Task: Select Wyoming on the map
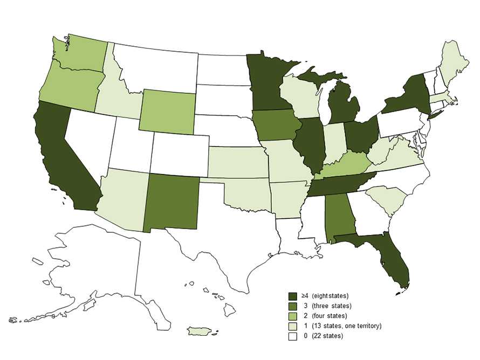coord(167,110)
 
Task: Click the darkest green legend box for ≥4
coord(293,296)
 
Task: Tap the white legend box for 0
coord(293,336)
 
